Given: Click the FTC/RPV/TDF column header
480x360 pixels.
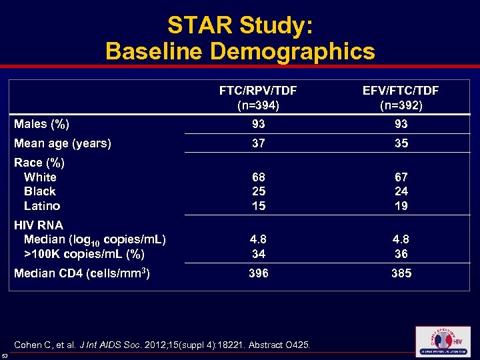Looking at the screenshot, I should coord(258,97).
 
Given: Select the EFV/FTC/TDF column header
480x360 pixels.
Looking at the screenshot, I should coord(400,97).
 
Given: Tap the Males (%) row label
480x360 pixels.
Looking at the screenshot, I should coord(42,124).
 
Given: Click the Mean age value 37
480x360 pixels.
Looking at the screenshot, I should coord(258,143).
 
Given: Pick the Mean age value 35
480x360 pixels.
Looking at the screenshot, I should coord(401,143).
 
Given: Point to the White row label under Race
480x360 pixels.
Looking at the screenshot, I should coord(40,177).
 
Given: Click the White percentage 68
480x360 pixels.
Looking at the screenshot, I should coord(258,177).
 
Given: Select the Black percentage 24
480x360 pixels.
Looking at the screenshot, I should coord(401,191).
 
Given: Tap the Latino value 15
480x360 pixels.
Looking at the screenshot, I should coord(258,206).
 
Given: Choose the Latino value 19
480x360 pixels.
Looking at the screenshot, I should coord(401,206).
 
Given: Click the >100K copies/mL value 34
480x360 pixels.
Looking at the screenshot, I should coord(258,254).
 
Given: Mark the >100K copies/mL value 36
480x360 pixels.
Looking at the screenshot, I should coord(401,254).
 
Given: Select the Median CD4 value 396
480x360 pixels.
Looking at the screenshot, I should coord(258,273).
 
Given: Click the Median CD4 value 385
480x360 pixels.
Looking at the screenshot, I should coord(401,273).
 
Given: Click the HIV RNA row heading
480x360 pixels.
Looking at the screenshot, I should coord(39,225).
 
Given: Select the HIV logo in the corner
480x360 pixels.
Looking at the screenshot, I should coord(442,341).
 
